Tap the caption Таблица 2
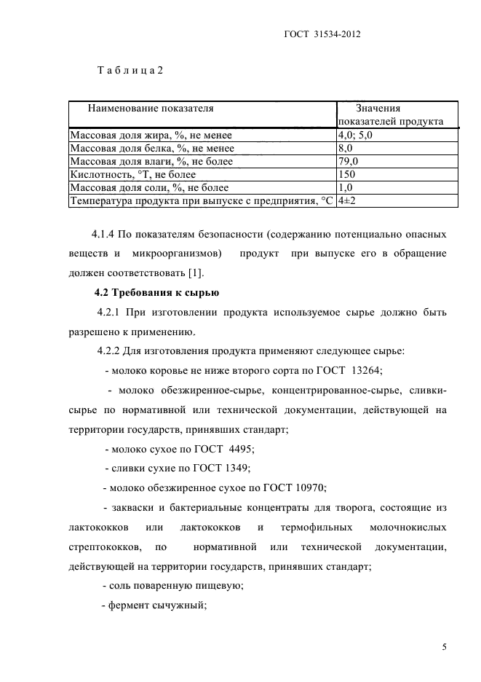click(130, 71)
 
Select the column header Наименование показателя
click(151, 108)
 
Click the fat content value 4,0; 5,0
click(356, 135)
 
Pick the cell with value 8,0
click(346, 148)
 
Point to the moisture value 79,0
click(349, 161)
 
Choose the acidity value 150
click(347, 174)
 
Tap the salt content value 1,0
click(346, 187)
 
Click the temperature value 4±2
click(347, 200)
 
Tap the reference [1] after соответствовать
click(196, 273)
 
